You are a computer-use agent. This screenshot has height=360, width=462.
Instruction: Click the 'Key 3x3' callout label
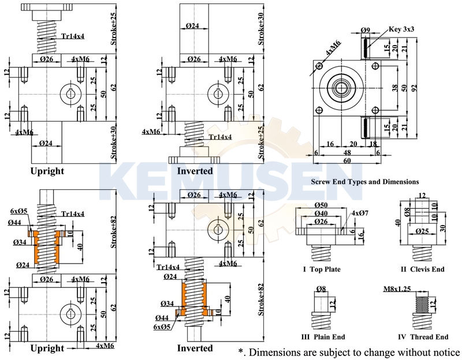[x=402, y=28]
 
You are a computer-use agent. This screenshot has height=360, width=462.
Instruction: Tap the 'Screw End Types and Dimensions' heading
[x=364, y=181]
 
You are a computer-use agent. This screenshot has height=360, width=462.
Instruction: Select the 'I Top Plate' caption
[x=322, y=269]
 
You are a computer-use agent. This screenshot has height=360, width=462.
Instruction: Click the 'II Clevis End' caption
[x=423, y=269]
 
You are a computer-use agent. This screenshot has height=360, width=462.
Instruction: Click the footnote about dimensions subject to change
[x=348, y=352]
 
